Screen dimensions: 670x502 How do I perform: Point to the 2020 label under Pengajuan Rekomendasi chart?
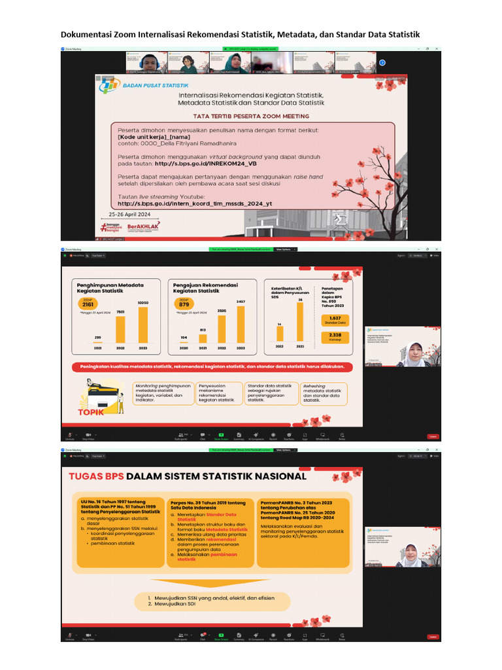183,347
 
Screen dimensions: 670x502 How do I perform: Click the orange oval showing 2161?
87,304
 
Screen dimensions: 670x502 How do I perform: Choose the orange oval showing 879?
184,304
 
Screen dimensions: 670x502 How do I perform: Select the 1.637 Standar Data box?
335,319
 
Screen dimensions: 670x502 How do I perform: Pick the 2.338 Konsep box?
335,336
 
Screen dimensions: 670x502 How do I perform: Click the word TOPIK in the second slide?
92,413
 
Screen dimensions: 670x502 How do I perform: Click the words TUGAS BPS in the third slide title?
96,476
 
